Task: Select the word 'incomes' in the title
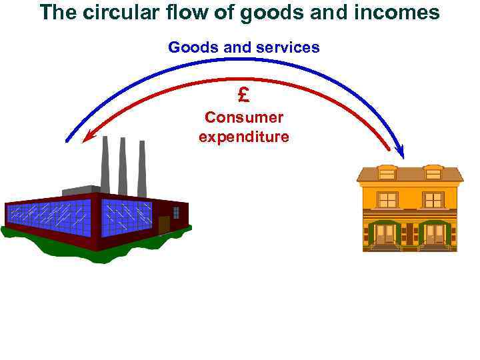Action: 403,12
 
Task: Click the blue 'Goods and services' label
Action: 243,47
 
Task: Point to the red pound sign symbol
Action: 243,95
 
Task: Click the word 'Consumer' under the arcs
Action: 243,117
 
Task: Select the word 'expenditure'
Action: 243,137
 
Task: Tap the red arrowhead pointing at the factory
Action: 87,137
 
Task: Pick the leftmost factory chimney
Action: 105,163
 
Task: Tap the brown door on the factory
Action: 164,225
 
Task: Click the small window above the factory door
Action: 176,212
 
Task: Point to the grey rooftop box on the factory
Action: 81,191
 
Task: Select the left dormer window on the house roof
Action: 387,173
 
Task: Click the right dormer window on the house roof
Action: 433,173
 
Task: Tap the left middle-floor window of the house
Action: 387,200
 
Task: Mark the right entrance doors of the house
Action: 434,234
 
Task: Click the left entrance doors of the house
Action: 385,234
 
